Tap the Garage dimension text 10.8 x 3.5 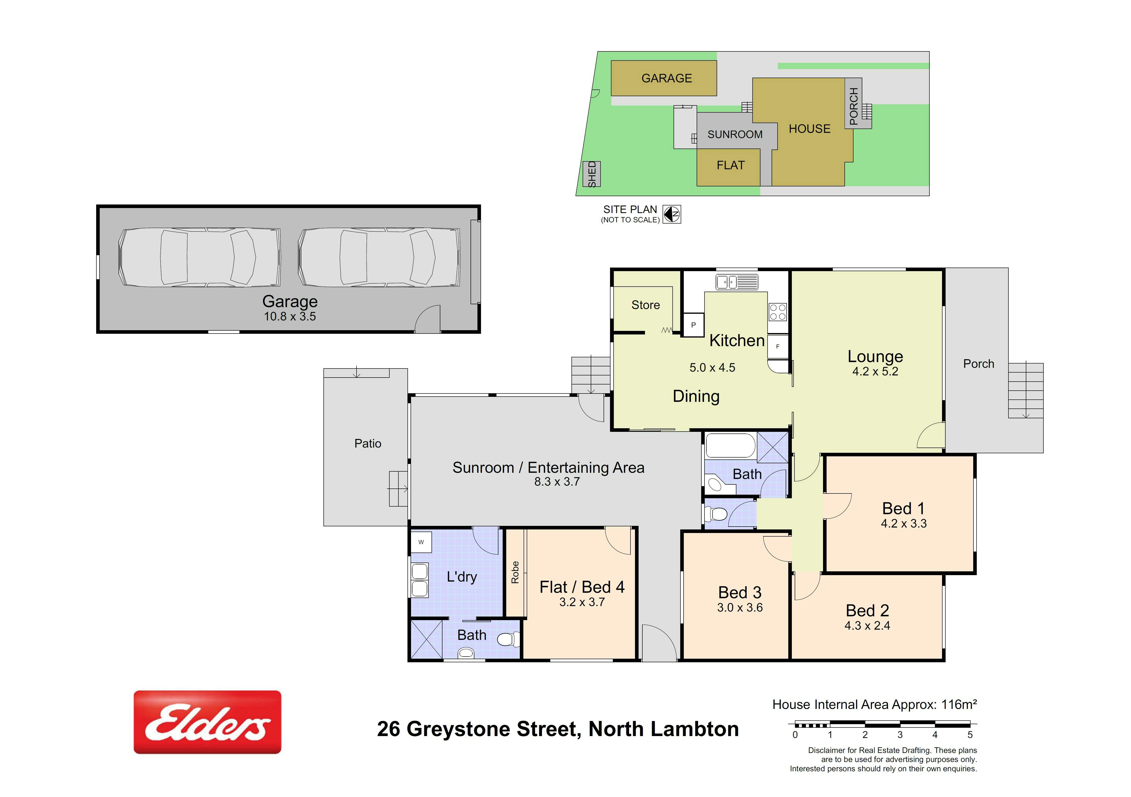point(290,317)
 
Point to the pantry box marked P point(693,325)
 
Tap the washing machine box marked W point(421,542)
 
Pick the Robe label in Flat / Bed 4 point(515,572)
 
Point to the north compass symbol point(671,214)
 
